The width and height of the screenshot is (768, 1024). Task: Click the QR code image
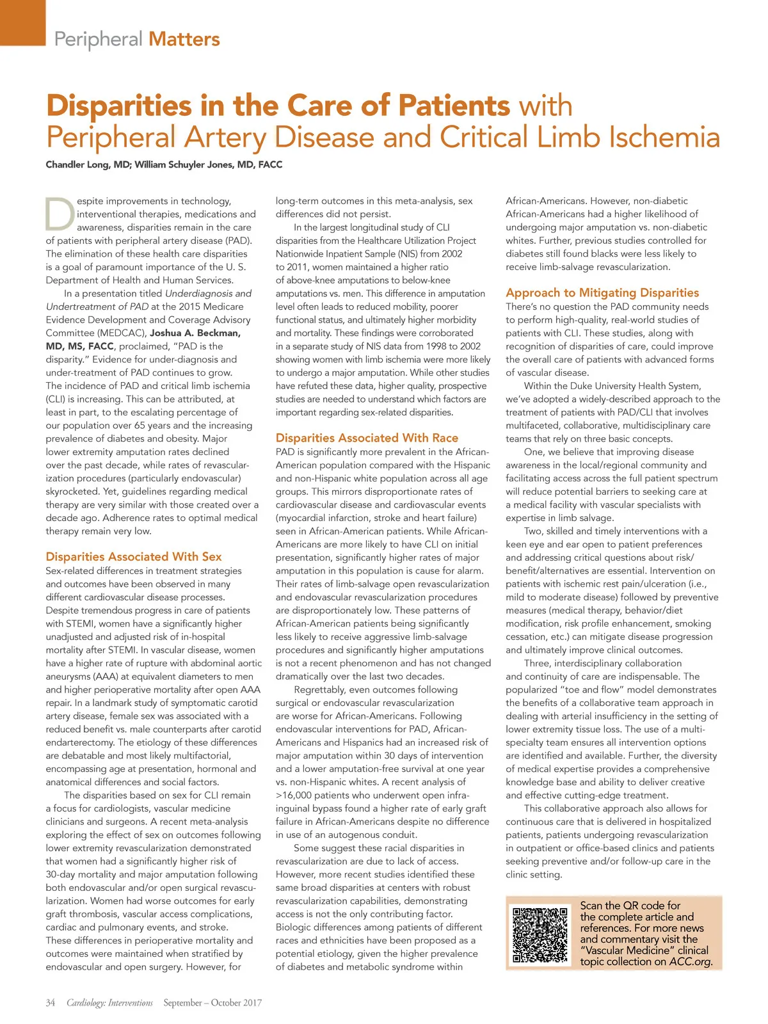[x=541, y=934]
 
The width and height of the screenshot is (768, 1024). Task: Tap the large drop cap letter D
[x=60, y=214]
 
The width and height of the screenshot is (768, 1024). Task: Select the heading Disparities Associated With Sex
[x=134, y=556]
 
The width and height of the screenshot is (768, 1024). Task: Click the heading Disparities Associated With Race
[x=367, y=438]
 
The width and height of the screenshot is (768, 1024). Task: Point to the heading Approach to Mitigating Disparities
[x=602, y=292]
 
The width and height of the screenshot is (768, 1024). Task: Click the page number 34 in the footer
[x=51, y=1002]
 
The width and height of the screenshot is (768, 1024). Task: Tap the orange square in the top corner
[x=22, y=22]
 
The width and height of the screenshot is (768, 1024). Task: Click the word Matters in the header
[x=184, y=40]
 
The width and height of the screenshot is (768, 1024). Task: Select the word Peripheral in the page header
[x=98, y=40]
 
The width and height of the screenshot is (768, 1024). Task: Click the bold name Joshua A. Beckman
[x=195, y=333]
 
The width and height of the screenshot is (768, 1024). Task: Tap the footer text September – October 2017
[x=212, y=1002]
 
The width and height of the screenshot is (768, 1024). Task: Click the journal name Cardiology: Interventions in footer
[x=109, y=1002]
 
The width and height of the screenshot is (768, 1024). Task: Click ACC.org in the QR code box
[x=691, y=961]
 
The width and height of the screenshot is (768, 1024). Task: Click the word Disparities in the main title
[x=119, y=106]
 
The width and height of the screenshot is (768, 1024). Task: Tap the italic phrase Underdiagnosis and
[x=208, y=293]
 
